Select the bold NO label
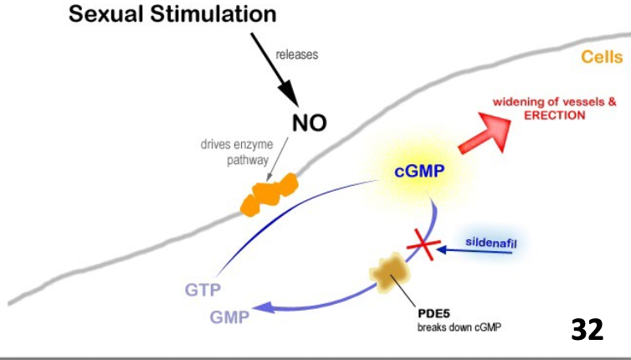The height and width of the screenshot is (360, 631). pyautogui.click(x=309, y=124)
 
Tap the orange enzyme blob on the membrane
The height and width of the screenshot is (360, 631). pyautogui.click(x=270, y=193)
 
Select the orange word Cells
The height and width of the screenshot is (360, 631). pyautogui.click(x=601, y=58)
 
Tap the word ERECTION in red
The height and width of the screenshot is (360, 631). pyautogui.click(x=555, y=116)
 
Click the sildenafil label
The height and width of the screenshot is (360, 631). pyautogui.click(x=493, y=243)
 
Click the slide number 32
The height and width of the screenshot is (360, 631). pyautogui.click(x=587, y=328)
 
